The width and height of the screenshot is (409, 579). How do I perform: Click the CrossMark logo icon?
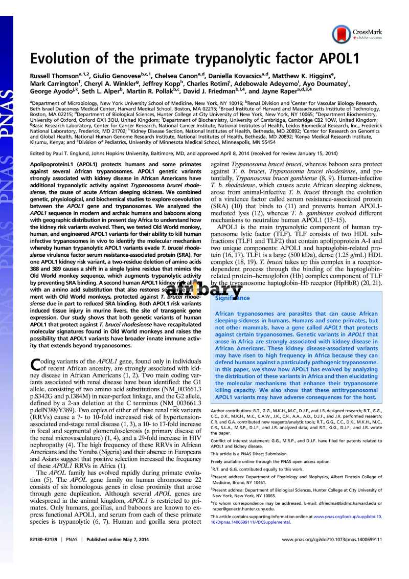click(x=342, y=34)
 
